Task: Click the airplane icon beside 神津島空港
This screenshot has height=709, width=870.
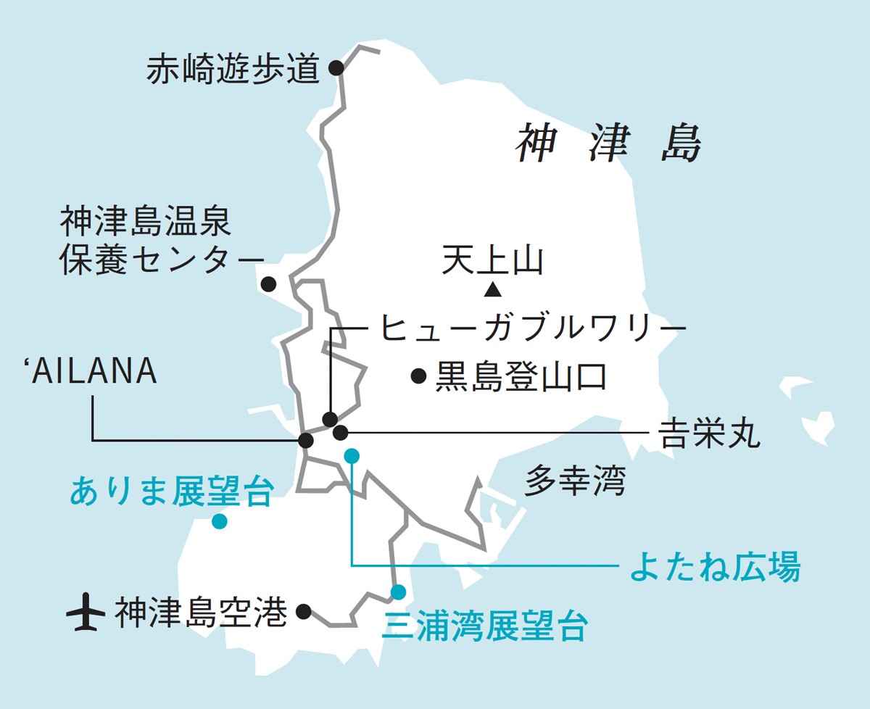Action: pos(86,613)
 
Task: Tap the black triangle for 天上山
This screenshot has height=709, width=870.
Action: pos(493,291)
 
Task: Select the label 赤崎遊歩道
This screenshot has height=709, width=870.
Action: pos(233,70)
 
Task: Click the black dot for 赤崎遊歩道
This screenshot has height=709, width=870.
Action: pos(336,67)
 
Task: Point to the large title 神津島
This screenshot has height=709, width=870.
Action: pos(608,143)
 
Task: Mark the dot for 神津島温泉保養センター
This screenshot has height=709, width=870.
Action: pos(268,284)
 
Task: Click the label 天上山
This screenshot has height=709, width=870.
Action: pos(492,261)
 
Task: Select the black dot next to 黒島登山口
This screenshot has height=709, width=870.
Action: pos(418,376)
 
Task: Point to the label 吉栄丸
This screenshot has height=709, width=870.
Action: pos(708,434)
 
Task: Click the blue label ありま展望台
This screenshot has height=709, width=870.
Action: pos(172,492)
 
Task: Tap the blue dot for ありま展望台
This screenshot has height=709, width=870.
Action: pos(219,521)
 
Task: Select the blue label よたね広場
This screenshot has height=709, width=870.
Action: pos(715,566)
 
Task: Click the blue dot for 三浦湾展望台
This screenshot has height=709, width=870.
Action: pos(398,592)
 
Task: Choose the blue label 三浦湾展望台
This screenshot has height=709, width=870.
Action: pos(484,626)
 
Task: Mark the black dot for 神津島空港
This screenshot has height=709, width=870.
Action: pos(304,611)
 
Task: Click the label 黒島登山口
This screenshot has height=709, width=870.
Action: pos(519,377)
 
